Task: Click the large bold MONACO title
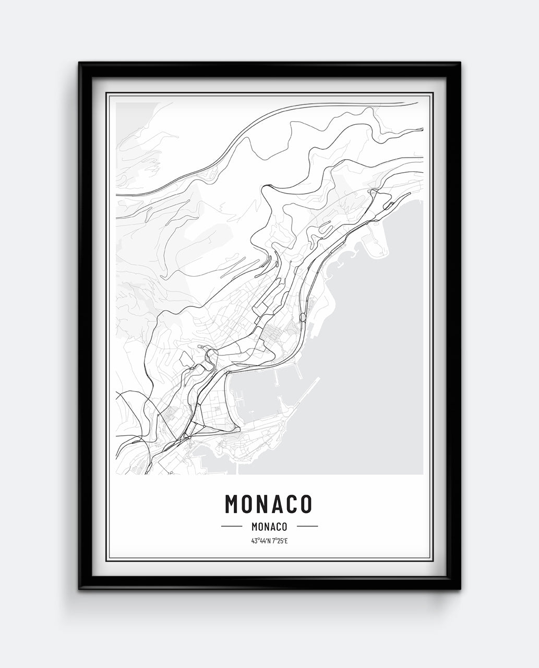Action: pos(269,503)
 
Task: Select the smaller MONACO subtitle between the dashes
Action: pos(269,527)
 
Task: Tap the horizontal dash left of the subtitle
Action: pos(232,526)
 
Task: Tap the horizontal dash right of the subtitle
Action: pos(307,526)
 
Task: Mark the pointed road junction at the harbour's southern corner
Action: pos(237,429)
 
